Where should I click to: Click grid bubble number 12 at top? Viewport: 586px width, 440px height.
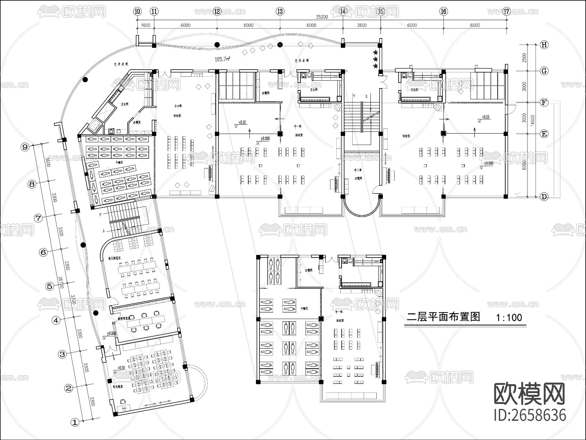click(x=217, y=11)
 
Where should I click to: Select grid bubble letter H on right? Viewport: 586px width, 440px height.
click(x=544, y=45)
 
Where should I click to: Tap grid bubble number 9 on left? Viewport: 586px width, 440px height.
click(x=25, y=147)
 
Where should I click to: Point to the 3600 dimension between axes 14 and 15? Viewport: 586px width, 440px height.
click(x=361, y=25)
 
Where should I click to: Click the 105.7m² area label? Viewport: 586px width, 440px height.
click(x=223, y=59)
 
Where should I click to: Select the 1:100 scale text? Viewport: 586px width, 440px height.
click(x=509, y=317)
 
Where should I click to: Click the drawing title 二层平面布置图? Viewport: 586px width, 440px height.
click(x=443, y=317)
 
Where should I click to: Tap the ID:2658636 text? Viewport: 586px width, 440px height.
click(x=530, y=416)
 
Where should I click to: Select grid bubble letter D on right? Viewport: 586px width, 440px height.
click(x=544, y=197)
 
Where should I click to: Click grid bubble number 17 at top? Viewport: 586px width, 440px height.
click(x=506, y=11)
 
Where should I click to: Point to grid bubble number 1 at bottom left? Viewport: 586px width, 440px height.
click(x=75, y=422)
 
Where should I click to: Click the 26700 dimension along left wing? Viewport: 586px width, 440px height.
click(x=61, y=283)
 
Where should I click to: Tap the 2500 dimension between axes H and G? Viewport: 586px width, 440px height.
click(x=524, y=58)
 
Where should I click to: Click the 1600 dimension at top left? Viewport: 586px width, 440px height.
click(x=145, y=25)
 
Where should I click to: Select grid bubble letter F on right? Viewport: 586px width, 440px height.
click(x=544, y=102)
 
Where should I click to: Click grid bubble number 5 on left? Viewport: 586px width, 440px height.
click(x=49, y=286)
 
